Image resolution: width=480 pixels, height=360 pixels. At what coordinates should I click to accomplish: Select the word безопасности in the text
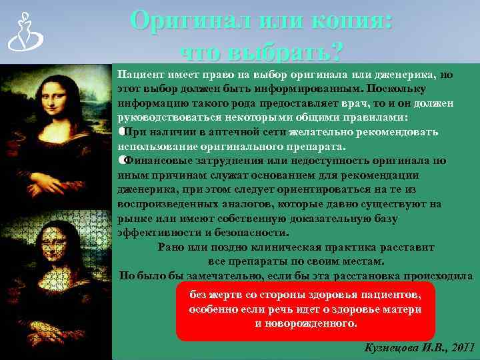(254, 233)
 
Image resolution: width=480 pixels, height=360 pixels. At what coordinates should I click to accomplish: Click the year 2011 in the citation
(462, 348)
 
